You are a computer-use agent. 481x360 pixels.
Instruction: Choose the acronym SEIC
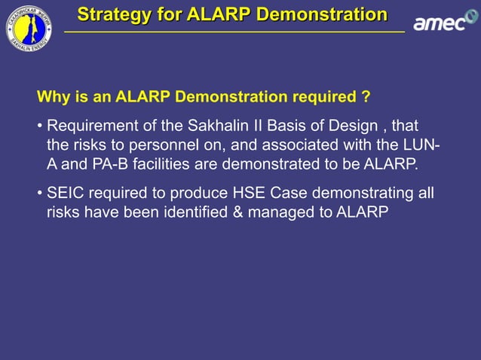coord(65,194)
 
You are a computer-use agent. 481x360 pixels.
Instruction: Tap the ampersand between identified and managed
coord(238,213)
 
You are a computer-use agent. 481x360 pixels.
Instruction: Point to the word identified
coord(195,213)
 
